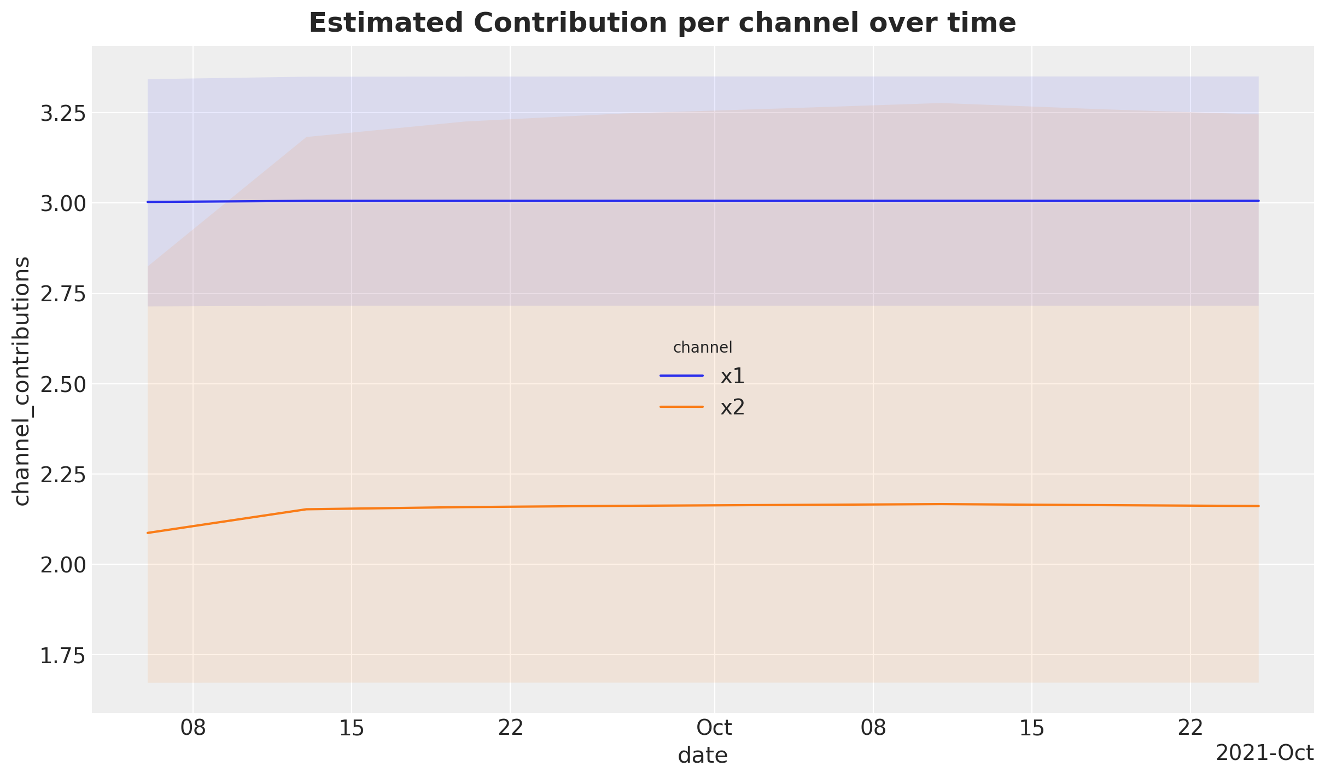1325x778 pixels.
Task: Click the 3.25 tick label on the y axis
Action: pyautogui.click(x=63, y=114)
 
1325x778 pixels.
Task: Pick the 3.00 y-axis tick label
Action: pyautogui.click(x=63, y=204)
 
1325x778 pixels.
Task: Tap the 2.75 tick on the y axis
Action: pyautogui.click(x=63, y=294)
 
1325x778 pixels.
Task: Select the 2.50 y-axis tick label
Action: pyautogui.click(x=63, y=384)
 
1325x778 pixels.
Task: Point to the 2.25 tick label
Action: pyautogui.click(x=63, y=475)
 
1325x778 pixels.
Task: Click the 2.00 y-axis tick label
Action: pyautogui.click(x=63, y=565)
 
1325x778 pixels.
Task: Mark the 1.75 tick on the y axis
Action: pyautogui.click(x=63, y=655)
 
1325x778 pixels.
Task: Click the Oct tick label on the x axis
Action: pyautogui.click(x=714, y=728)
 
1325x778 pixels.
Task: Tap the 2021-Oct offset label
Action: pyautogui.click(x=1264, y=753)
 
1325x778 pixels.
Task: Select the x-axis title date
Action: pyautogui.click(x=703, y=756)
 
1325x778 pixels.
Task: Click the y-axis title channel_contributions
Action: pyautogui.click(x=22, y=381)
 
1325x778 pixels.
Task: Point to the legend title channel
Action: pyautogui.click(x=703, y=347)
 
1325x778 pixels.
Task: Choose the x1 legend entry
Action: pyautogui.click(x=732, y=376)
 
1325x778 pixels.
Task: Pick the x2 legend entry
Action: pyautogui.click(x=732, y=408)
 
